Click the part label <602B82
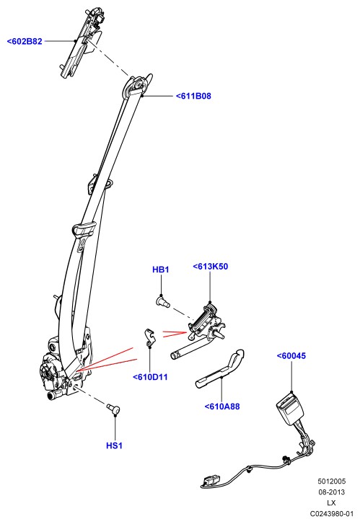click(x=25, y=41)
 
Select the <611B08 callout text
click(x=194, y=97)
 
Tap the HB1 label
click(x=161, y=270)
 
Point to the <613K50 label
click(x=211, y=267)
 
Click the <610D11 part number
click(x=150, y=377)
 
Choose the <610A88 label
click(x=222, y=407)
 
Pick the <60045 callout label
click(x=291, y=356)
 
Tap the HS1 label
click(x=115, y=445)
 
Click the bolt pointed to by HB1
click(x=163, y=301)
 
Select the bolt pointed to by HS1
click(x=113, y=409)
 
